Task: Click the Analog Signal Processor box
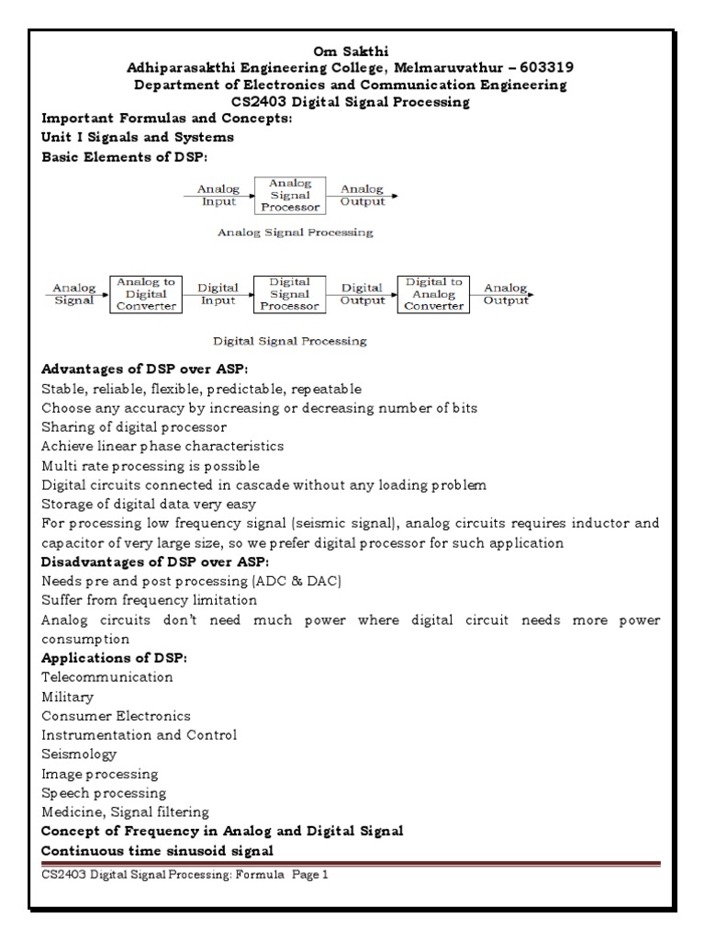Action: coord(290,195)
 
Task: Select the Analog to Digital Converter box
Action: coord(142,294)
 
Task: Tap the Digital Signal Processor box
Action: coord(286,294)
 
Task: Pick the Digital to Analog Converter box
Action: coord(433,294)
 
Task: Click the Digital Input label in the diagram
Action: coord(218,294)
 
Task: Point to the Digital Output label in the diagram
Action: coord(362,294)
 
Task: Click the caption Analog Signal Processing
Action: coord(295,233)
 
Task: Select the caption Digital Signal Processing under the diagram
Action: coord(290,341)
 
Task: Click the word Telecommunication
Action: coord(107,677)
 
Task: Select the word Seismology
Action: coord(79,754)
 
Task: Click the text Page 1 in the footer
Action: coord(310,876)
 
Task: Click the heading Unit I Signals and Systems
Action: coord(138,138)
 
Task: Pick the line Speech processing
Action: coord(104,793)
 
